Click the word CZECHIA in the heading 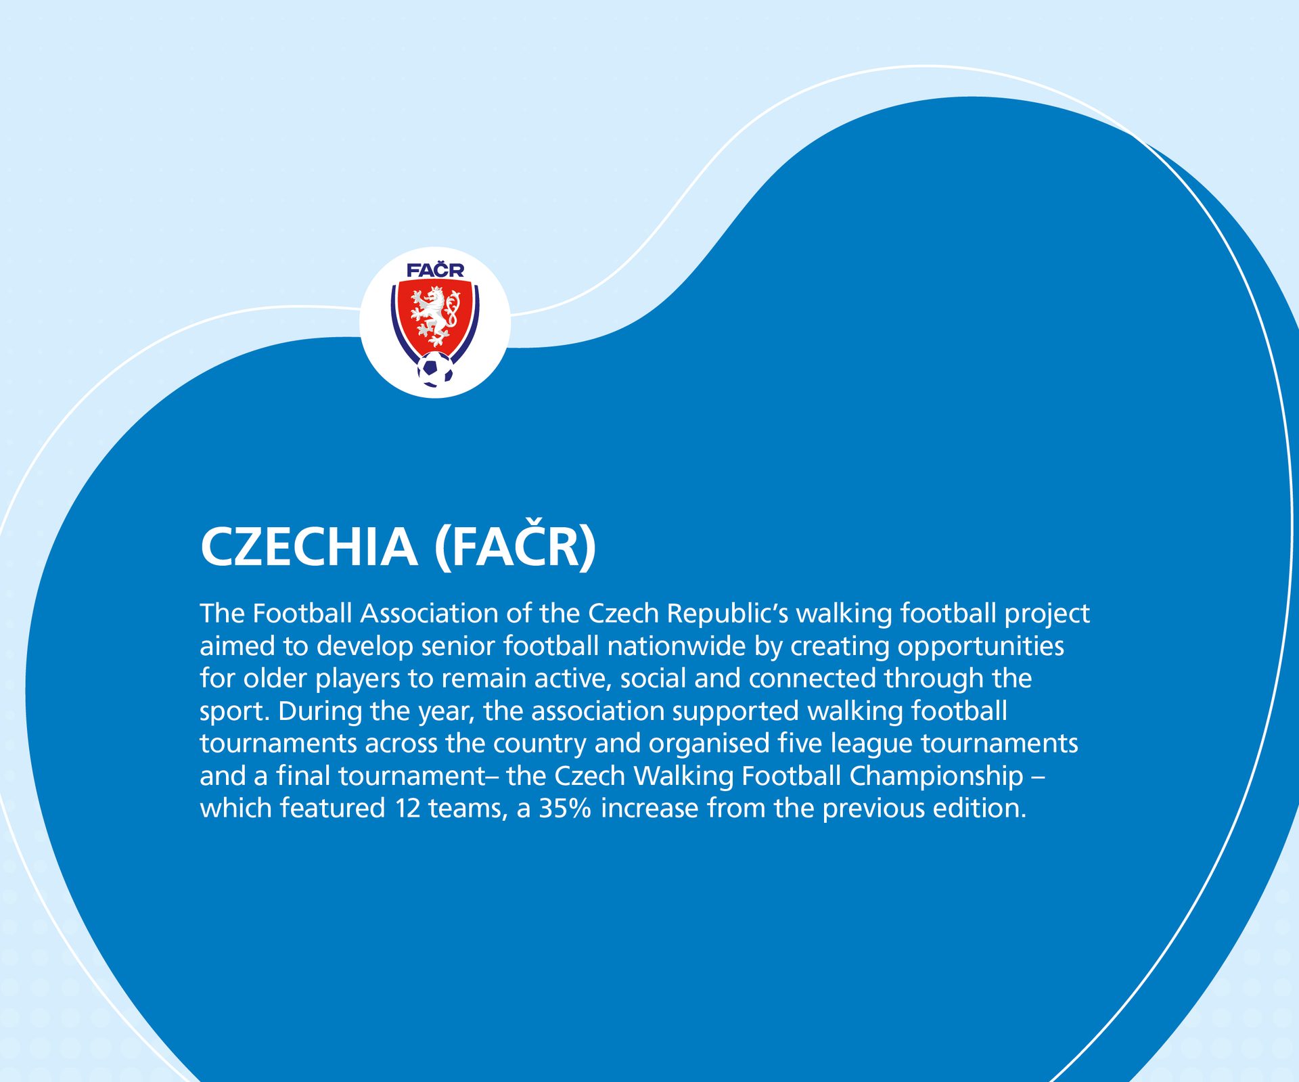tap(309, 547)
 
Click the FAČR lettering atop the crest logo tap(435, 271)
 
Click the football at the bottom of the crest tap(435, 369)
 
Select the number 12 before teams tap(408, 809)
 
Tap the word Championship tap(936, 776)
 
